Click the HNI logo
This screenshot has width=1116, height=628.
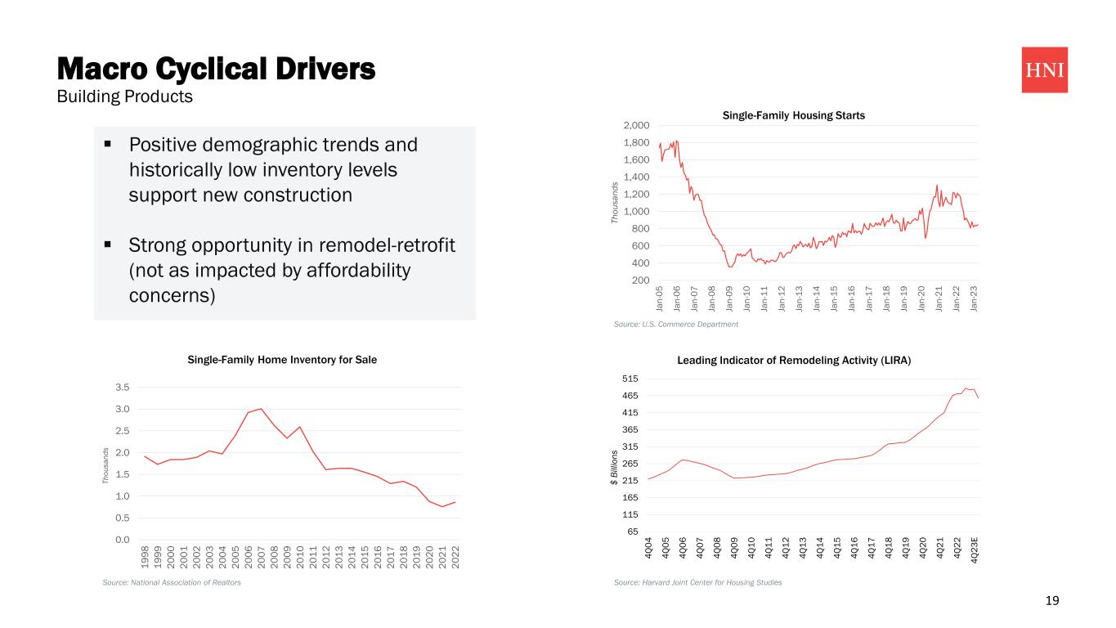[x=1044, y=70]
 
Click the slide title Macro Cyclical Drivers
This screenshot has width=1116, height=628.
[x=216, y=69]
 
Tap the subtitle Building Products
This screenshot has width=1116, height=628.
[x=123, y=96]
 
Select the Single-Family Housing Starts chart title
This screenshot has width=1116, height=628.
[x=793, y=115]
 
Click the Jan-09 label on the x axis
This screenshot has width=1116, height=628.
[x=729, y=296]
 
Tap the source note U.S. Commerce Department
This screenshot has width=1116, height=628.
[x=675, y=325]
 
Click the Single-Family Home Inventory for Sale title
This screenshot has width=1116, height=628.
[x=282, y=360]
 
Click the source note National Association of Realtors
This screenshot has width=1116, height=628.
[x=171, y=582]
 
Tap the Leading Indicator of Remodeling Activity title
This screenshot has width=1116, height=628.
[x=794, y=360]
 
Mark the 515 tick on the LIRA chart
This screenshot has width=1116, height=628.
[x=630, y=379]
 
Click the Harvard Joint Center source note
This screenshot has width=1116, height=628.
[x=697, y=582]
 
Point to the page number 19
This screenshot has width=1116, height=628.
[x=1052, y=601]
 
